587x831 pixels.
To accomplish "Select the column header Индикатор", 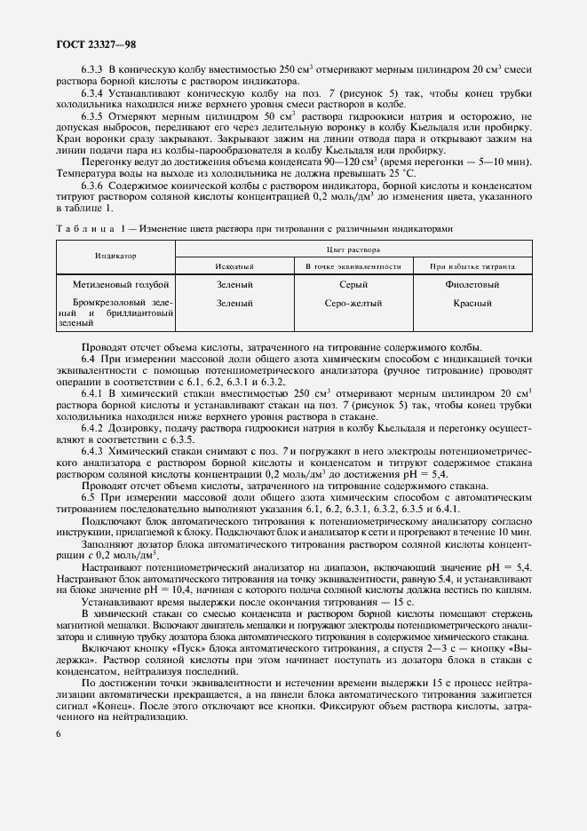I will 115,256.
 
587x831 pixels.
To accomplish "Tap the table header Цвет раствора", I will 354,250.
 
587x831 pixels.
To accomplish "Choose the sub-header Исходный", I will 234,266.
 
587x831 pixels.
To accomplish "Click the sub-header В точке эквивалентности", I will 353,266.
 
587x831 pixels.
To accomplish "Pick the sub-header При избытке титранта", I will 472,266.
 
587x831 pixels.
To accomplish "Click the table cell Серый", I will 353,284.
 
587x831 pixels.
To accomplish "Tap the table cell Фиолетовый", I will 472,284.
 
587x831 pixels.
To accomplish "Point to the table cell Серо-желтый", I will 353,304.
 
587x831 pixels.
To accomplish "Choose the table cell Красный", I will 472,304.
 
